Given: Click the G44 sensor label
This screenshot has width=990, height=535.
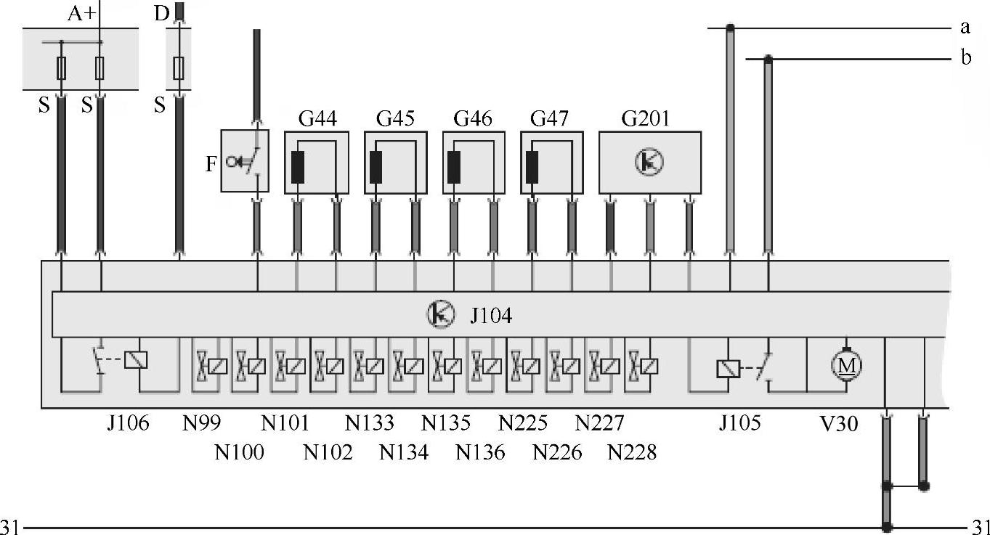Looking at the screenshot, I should click(317, 118).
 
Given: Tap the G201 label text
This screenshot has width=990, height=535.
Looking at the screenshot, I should click(646, 118).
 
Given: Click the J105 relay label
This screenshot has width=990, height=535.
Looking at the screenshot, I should click(740, 423).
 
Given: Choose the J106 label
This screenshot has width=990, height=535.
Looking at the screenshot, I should click(128, 423).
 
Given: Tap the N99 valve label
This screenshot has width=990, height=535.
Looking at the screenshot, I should click(202, 423).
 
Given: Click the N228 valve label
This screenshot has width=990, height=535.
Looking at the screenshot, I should click(632, 453).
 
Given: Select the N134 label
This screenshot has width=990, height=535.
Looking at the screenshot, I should click(404, 453).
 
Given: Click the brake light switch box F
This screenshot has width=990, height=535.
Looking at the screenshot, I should click(245, 161).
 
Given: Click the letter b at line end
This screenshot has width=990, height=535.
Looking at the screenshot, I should click(965, 58).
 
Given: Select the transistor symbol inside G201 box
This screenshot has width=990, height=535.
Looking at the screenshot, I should click(649, 162).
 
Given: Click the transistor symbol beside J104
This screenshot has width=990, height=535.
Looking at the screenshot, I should click(439, 314).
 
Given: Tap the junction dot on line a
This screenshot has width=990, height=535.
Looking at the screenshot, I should click(730, 28).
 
